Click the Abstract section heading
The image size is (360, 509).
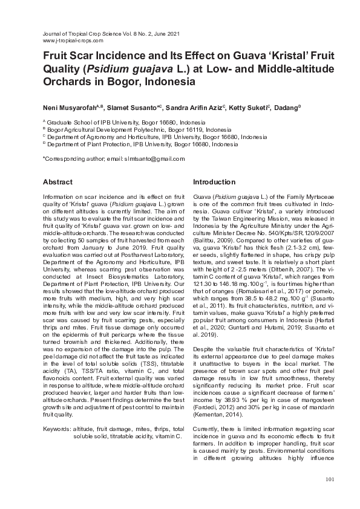coord(57,182)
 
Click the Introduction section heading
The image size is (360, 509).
coord(214,182)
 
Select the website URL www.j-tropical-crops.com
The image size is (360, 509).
coord(73,41)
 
